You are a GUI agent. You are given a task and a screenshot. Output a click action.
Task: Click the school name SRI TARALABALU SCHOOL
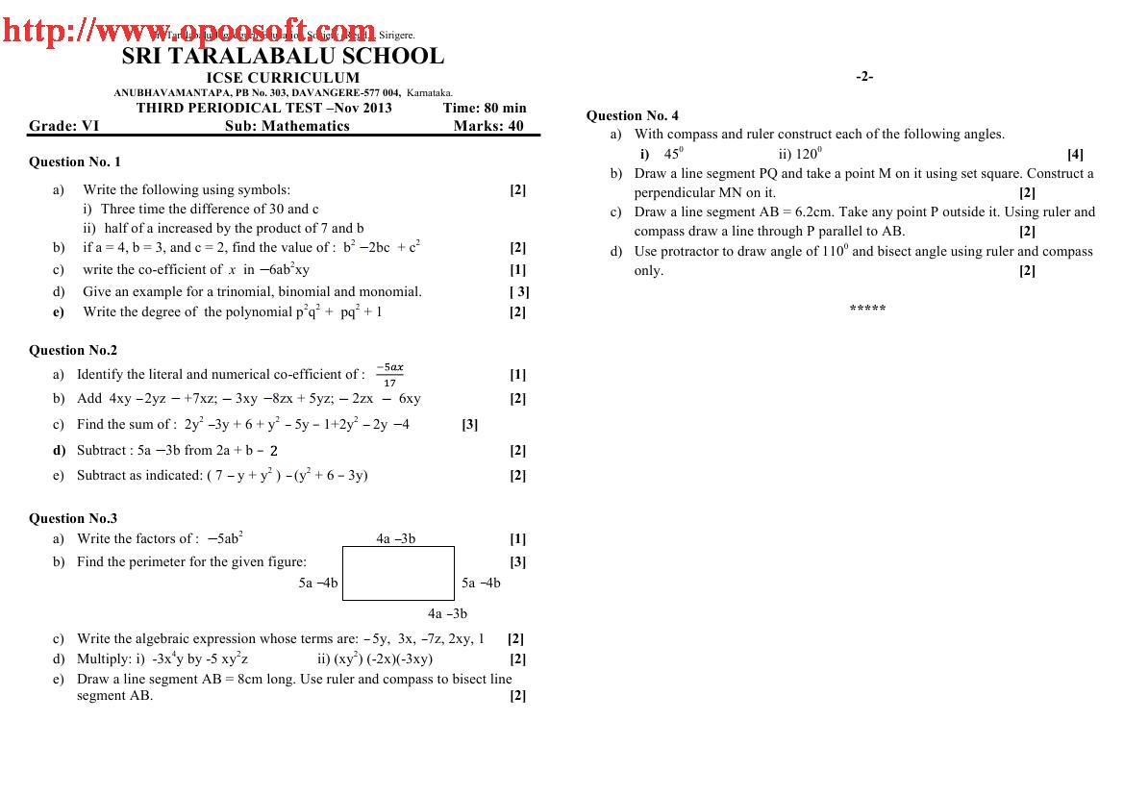pos(283,57)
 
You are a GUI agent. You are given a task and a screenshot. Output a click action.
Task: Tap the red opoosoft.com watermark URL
pos(189,32)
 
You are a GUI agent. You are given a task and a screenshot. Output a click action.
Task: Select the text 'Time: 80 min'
pos(485,108)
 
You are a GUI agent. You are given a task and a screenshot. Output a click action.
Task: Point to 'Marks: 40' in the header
pos(488,126)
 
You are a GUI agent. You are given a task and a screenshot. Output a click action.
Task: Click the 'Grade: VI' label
pos(63,126)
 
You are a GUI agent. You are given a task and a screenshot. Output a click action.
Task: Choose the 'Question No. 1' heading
pos(75,161)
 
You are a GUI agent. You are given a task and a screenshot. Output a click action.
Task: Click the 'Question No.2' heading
pos(73,350)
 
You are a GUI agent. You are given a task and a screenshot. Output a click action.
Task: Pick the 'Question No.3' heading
pos(73,518)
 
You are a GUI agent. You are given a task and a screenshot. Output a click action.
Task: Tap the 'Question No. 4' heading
pos(632,115)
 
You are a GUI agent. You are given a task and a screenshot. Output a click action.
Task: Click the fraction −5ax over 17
pos(390,375)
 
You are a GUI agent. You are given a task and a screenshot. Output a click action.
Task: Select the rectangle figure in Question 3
pos(398,573)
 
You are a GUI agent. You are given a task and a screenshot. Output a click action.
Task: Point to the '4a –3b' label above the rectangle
pos(396,539)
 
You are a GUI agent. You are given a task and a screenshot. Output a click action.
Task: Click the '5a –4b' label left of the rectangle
pos(318,583)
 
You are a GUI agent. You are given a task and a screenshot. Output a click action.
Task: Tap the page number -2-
pos(864,77)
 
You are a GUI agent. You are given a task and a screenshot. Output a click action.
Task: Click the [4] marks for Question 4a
pos(1075,154)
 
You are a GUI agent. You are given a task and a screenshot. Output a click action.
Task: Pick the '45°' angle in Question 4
pos(673,154)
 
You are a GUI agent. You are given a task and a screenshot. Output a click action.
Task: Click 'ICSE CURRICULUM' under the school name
pos(283,78)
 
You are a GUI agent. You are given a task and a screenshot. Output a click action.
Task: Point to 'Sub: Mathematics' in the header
pos(287,126)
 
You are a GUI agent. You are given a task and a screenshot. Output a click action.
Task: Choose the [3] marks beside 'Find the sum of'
pos(470,424)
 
